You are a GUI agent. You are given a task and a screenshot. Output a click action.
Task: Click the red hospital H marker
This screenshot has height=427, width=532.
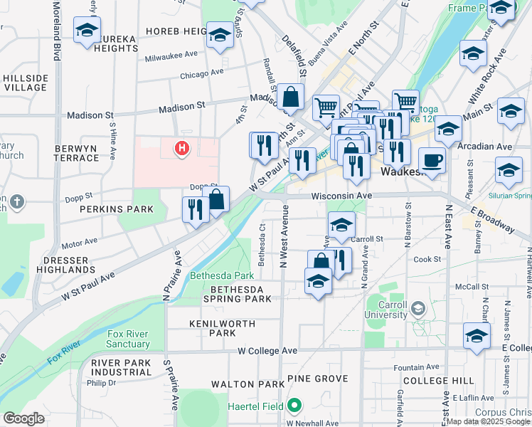point(183,148)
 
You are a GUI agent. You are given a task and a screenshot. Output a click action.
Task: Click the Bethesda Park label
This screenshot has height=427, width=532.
point(222,275)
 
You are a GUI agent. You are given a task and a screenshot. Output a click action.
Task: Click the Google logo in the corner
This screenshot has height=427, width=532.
point(23,418)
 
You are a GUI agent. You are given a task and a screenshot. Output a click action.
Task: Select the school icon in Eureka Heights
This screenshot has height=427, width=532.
point(87,31)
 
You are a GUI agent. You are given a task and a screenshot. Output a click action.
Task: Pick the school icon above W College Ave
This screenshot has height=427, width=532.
point(477,334)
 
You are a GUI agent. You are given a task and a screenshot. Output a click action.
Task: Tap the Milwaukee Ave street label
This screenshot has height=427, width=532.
point(171,54)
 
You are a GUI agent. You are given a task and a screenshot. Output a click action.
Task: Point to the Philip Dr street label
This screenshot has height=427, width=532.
point(101,382)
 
